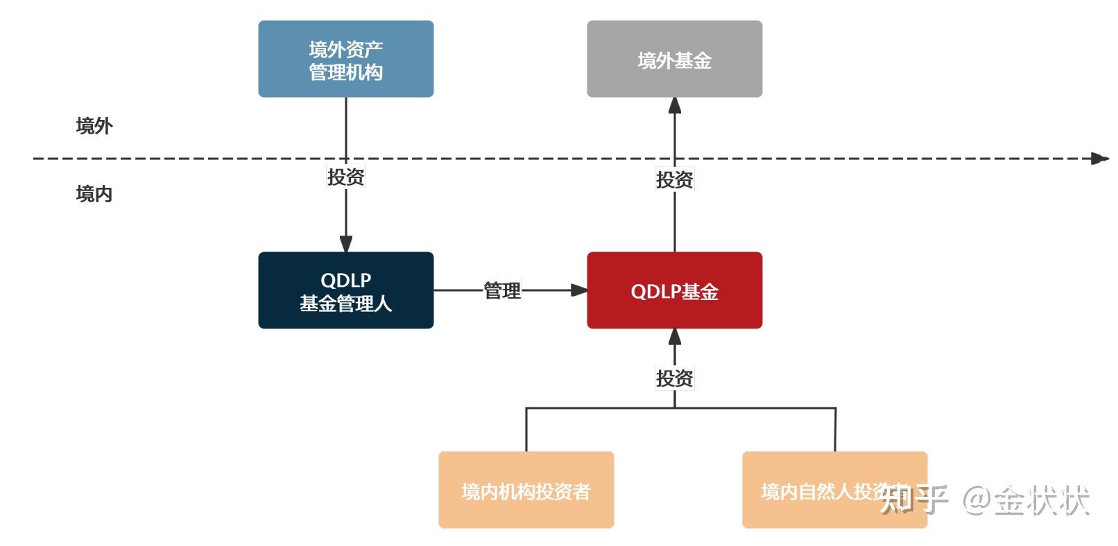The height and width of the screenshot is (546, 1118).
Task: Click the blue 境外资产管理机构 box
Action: coord(345,60)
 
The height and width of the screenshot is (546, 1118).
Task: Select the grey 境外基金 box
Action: coord(674,60)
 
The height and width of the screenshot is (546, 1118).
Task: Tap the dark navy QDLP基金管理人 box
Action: coord(345,291)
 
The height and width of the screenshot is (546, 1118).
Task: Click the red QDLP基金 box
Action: coord(674,291)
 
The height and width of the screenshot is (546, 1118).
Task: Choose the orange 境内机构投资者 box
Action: coord(526,491)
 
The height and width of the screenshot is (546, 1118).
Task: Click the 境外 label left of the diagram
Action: coord(94,126)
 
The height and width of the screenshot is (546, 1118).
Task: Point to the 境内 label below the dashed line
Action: coord(94,194)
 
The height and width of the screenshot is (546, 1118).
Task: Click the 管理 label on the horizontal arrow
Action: coord(501,290)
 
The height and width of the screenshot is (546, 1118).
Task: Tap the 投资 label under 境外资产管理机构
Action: coord(345,177)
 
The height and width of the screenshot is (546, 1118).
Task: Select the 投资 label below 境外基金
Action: coord(674,179)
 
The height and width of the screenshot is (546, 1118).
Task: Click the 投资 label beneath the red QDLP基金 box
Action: coord(674,378)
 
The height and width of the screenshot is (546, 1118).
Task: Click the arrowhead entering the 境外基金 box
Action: coord(674,105)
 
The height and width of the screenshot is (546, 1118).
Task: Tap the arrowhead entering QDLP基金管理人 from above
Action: coord(345,244)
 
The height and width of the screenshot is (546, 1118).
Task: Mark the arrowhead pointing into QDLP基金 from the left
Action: coord(578,290)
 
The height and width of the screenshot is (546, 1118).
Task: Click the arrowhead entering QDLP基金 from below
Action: coord(674,337)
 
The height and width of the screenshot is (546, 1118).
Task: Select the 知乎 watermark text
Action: coord(913,500)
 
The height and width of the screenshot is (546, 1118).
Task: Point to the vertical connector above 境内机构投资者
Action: coord(526,430)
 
